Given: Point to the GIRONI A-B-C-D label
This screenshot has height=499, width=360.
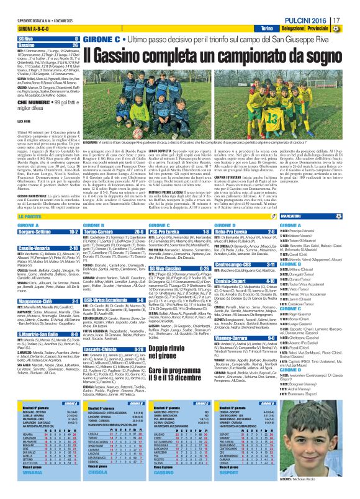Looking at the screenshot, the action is pos(35,29).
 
